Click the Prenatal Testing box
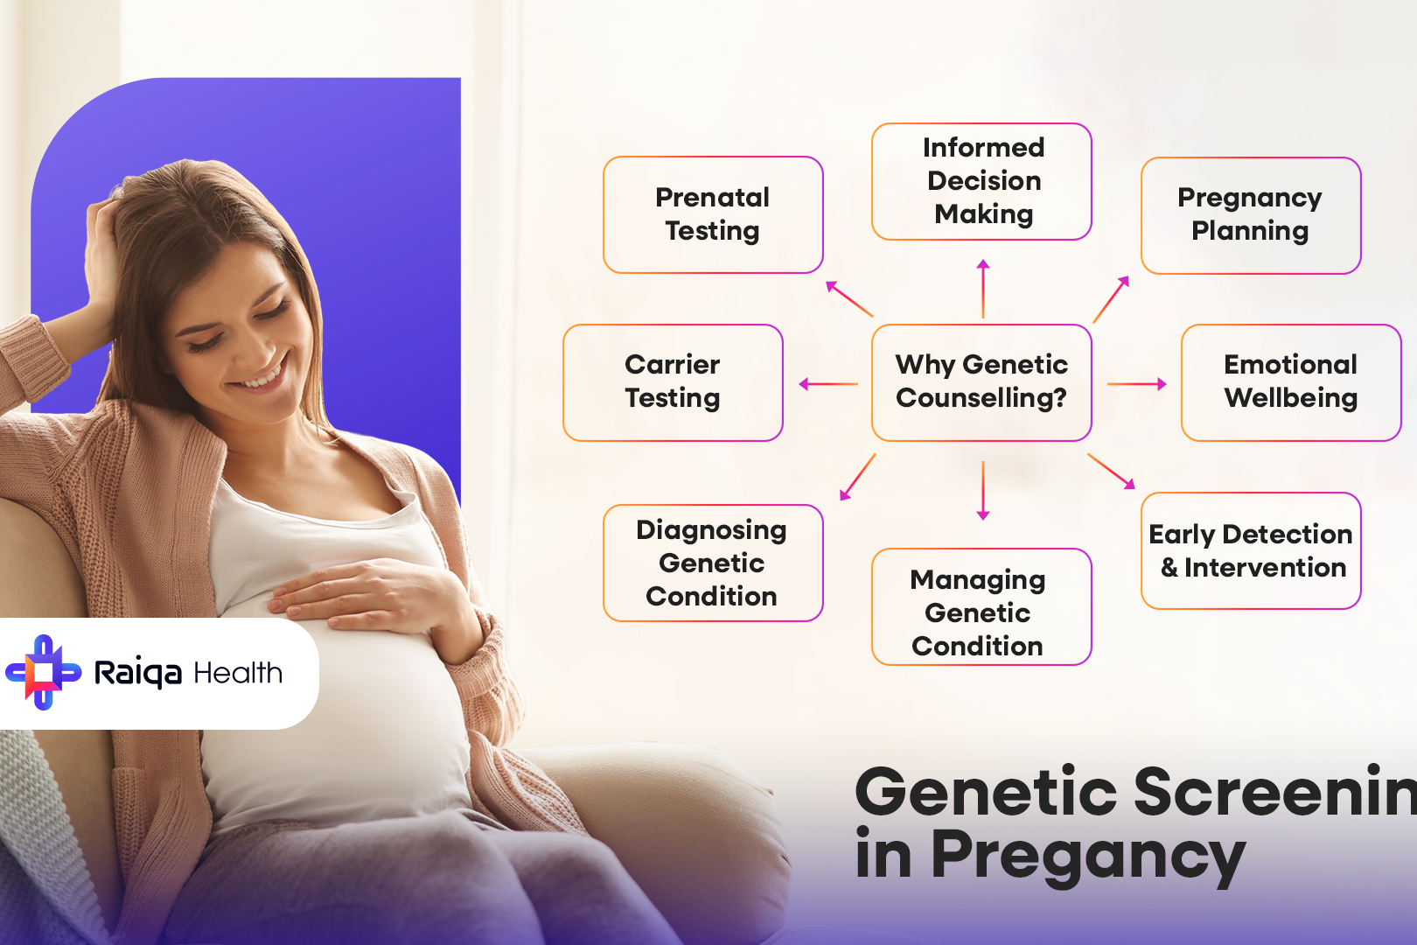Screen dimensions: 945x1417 (x=713, y=214)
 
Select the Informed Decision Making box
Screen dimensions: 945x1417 (x=981, y=181)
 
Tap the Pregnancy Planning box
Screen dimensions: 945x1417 (x=1250, y=214)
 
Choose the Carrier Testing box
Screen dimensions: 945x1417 (x=673, y=381)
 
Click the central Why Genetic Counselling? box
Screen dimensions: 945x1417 (x=981, y=381)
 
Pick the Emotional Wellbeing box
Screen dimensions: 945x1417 (x=1290, y=381)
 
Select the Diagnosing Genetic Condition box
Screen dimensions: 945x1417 (x=713, y=563)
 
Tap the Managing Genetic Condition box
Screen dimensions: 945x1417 (x=981, y=606)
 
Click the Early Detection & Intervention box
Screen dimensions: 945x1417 (x=1250, y=550)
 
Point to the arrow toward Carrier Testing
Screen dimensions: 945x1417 (x=828, y=383)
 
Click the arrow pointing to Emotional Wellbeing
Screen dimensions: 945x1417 (x=1136, y=383)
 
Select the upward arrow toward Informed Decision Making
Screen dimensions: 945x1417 (x=983, y=289)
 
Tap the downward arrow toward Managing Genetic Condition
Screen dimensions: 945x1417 (x=983, y=490)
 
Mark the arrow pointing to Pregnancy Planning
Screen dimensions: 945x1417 (x=1111, y=299)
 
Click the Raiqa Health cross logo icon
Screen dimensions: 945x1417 (x=43, y=672)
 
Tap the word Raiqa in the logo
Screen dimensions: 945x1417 (x=137, y=673)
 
